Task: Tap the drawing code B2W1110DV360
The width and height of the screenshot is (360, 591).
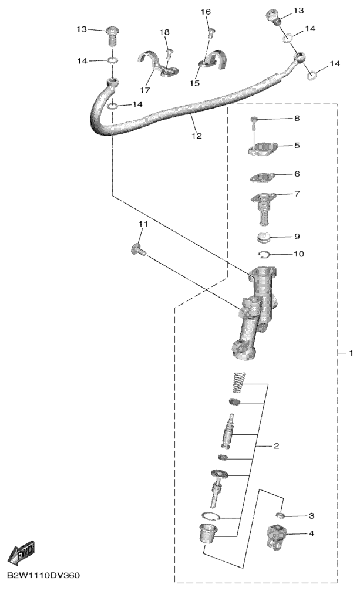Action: pos(43,576)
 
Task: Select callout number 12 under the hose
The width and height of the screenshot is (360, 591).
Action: pos(197,136)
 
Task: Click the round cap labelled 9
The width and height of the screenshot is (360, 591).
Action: pos(263,238)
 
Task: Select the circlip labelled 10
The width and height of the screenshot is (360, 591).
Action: pos(265,256)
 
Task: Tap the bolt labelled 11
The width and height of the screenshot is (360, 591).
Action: pos(139,249)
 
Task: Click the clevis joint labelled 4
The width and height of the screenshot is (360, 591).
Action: pos(278,535)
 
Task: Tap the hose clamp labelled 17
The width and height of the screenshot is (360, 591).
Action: pos(157,65)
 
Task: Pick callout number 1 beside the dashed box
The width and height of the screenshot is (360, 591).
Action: pos(351,353)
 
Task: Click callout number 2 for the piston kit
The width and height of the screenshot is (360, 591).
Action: pos(276,446)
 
